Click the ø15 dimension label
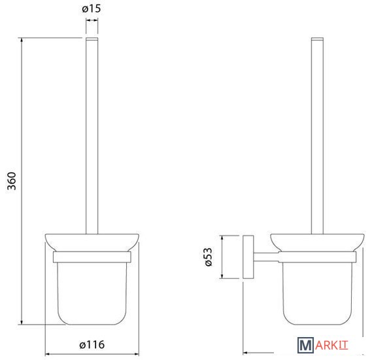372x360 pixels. click(92, 9)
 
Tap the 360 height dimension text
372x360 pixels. click(12, 181)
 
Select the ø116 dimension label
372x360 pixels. click(92, 344)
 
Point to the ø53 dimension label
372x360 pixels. click(208, 257)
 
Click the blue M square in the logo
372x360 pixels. click(305, 346)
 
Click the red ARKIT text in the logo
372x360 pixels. click(331, 346)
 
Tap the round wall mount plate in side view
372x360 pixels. click(248, 257)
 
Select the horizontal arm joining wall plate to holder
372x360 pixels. click(266, 257)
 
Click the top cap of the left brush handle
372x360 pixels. click(92, 39)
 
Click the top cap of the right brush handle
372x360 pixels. click(318, 39)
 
